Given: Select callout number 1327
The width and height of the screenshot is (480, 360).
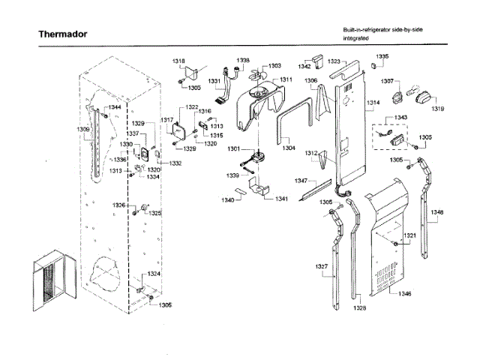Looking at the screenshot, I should (x=322, y=266).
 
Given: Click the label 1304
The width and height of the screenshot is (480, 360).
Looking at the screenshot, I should (x=289, y=148).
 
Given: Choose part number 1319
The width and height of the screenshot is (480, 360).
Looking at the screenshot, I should (x=437, y=109).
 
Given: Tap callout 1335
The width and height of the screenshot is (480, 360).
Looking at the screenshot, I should (x=382, y=56).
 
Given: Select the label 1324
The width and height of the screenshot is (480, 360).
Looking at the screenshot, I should (x=153, y=274).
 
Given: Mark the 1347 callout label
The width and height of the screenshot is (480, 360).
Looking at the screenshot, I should (x=301, y=181).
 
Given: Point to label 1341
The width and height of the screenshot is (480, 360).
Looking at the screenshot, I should (x=281, y=199).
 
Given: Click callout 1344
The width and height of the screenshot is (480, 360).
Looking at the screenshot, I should (x=113, y=107).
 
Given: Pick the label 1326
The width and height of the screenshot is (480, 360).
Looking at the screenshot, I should (x=119, y=205).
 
